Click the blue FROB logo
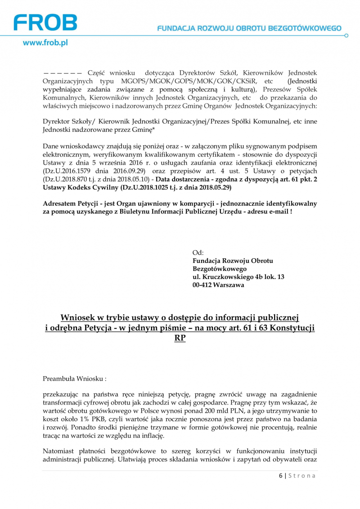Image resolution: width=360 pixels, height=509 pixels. [x=45, y=23]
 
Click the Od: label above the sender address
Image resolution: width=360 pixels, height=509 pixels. [x=198, y=252]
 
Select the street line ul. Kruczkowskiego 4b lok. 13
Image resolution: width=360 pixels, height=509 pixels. [x=238, y=277]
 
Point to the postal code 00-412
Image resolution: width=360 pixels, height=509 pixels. [x=202, y=285]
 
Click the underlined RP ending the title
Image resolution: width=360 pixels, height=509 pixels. [x=180, y=338]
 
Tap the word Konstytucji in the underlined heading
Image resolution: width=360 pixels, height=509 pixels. [x=293, y=328]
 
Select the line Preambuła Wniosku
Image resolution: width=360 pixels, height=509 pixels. [x=75, y=379]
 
